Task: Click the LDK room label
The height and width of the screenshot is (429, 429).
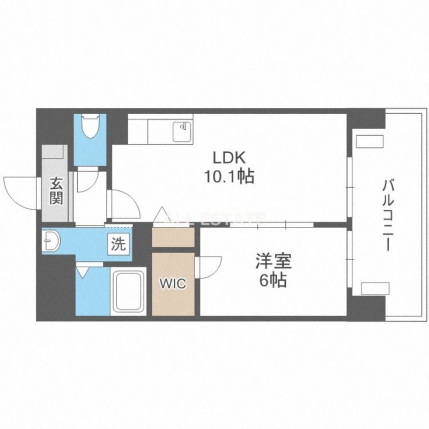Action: (x=230, y=158)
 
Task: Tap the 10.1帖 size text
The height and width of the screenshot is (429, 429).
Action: (x=230, y=176)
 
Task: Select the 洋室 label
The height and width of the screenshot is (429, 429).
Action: (x=273, y=261)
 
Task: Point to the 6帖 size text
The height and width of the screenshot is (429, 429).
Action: (x=273, y=280)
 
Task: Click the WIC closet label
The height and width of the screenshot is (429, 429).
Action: (x=173, y=284)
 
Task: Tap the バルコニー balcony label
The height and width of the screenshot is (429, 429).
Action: (x=388, y=216)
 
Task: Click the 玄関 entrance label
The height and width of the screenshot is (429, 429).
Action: (x=56, y=191)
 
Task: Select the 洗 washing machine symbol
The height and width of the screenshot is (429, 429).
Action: (x=119, y=244)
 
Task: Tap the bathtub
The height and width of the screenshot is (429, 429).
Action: (x=129, y=291)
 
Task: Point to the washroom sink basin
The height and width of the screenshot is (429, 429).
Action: (x=51, y=241)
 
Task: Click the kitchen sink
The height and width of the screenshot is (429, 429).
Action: (x=182, y=132)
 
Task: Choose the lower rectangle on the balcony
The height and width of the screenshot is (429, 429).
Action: (x=375, y=289)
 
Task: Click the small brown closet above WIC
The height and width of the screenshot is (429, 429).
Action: (x=173, y=237)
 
